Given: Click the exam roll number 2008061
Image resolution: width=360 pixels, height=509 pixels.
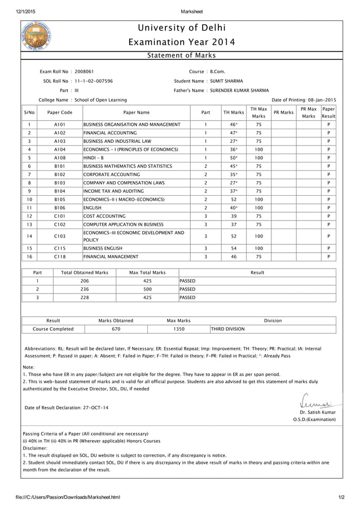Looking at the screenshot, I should (x=85, y=72).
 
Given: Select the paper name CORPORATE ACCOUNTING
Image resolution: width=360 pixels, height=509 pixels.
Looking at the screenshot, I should (x=111, y=175).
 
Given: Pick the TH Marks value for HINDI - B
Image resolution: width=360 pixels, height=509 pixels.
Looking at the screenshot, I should (x=233, y=158).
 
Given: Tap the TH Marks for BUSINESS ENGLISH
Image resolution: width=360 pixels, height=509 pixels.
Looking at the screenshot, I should (x=233, y=248).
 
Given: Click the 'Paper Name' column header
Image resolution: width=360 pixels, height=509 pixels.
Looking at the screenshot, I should (x=136, y=112).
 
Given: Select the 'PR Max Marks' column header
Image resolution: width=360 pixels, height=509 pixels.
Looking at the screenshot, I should (x=308, y=112).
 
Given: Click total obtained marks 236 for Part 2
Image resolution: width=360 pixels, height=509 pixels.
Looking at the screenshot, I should (x=85, y=288).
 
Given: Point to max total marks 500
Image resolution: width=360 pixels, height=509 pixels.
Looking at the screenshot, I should (x=147, y=288).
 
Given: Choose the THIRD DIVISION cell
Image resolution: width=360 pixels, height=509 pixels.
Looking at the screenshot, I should (x=227, y=329).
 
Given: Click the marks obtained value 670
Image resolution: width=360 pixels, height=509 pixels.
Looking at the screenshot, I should (x=116, y=329).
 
